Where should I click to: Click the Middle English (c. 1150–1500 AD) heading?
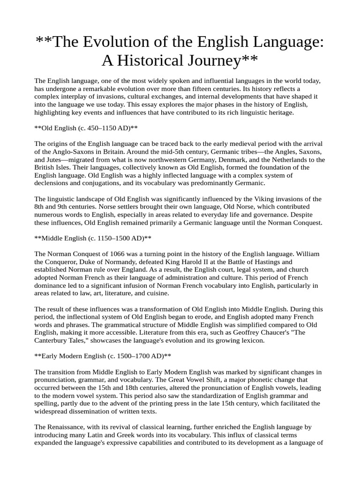(x=93, y=238)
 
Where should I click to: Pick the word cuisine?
(x=157, y=293)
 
